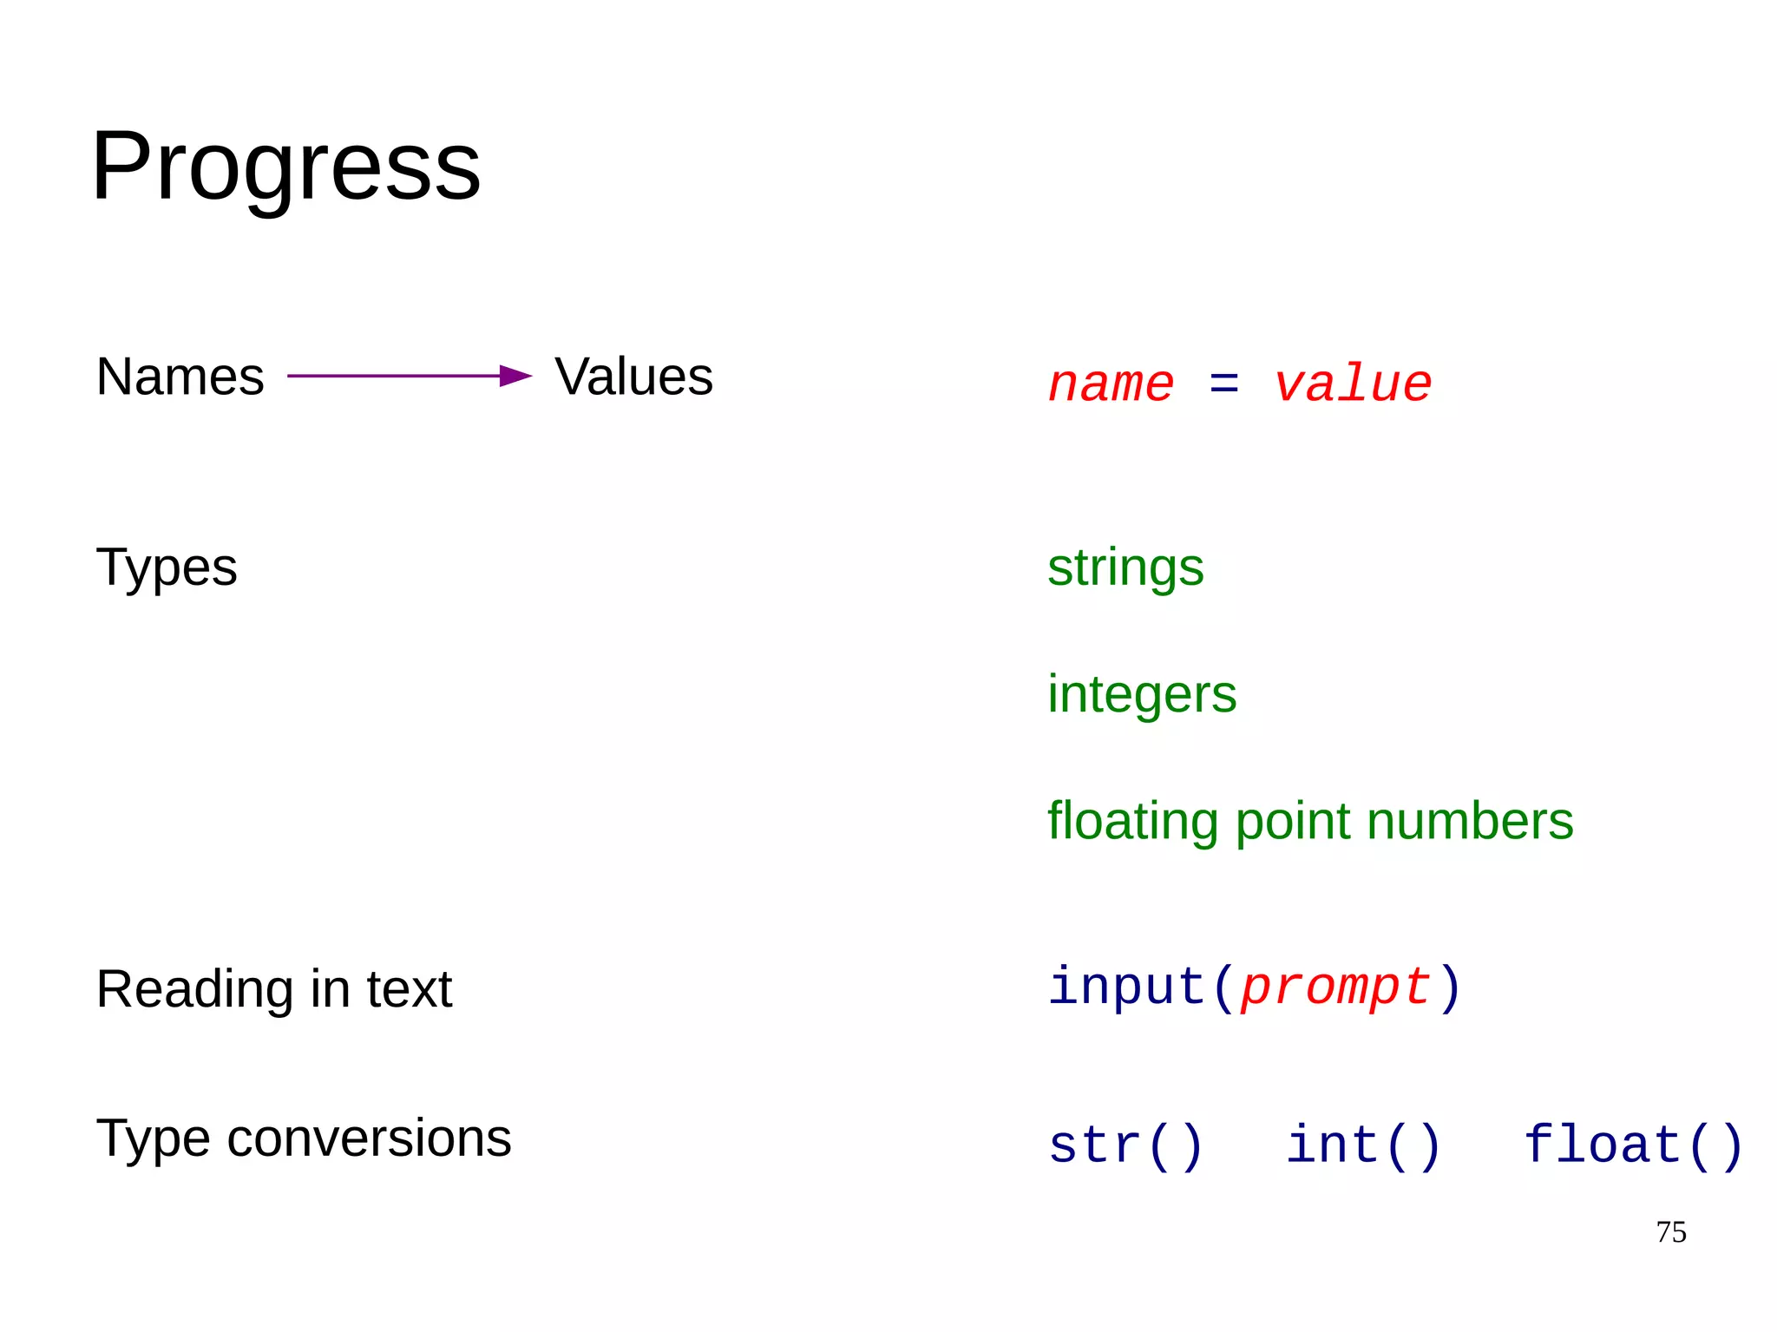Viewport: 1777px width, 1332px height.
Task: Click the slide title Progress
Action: [x=285, y=167]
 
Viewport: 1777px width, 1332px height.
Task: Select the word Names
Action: [x=180, y=377]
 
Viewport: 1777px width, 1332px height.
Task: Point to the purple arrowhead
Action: [x=515, y=376]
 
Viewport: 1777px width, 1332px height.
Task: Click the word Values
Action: [x=633, y=377]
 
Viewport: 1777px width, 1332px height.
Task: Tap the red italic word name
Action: [x=1111, y=384]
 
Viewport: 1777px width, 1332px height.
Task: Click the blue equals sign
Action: [x=1223, y=383]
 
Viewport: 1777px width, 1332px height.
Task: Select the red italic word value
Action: [x=1353, y=384]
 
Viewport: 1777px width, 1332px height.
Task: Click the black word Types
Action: [x=166, y=568]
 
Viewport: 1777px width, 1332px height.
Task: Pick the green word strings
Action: [x=1125, y=568]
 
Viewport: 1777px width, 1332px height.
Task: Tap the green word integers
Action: [x=1142, y=695]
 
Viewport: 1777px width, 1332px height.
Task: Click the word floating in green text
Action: [x=1132, y=822]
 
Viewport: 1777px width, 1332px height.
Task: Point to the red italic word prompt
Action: [x=1335, y=988]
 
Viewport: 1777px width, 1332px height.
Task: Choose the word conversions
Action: [x=369, y=1138]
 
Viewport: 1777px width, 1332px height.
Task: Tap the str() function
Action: [x=1125, y=1145]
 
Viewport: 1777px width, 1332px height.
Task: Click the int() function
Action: [x=1363, y=1145]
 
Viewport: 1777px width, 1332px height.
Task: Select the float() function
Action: [x=1633, y=1145]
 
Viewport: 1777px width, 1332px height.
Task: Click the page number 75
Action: [x=1671, y=1232]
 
